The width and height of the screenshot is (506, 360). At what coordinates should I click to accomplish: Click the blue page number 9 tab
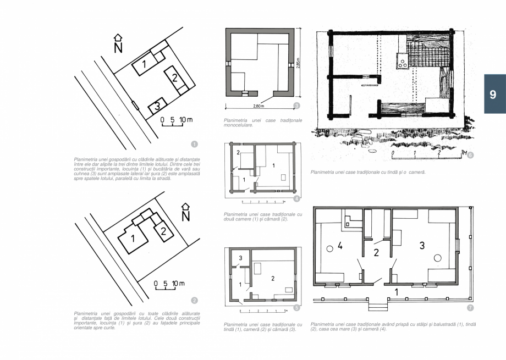tap(494, 94)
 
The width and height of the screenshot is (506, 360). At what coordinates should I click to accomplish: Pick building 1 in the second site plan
tap(134, 239)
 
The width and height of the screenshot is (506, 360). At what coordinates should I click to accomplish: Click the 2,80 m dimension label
tap(258, 106)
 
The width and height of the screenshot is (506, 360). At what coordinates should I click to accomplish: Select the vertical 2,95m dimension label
tap(298, 64)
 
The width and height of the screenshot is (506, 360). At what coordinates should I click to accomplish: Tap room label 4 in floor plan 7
tap(339, 246)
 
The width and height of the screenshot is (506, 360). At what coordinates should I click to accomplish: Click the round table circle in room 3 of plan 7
tap(438, 257)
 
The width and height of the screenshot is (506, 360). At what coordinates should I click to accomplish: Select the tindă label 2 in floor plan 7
tap(376, 253)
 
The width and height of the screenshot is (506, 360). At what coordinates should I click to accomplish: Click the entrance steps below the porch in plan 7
tap(377, 307)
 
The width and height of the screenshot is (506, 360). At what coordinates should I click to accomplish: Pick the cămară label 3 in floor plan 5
tap(240, 257)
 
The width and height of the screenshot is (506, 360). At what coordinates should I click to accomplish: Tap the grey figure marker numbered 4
tap(296, 198)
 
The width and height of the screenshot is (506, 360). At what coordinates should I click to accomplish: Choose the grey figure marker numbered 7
tap(470, 307)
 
